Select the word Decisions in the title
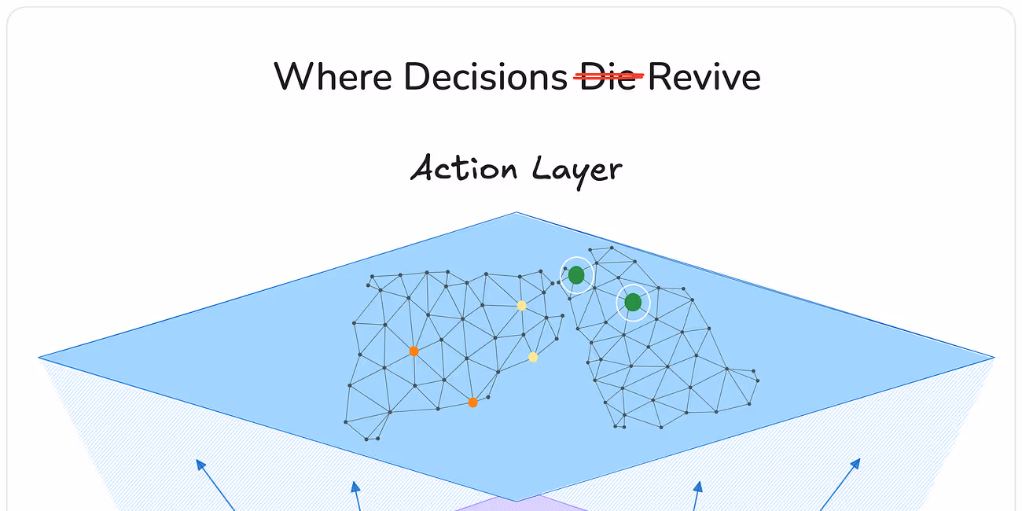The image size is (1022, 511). pyautogui.click(x=485, y=77)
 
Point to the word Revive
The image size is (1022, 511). pyautogui.click(x=704, y=77)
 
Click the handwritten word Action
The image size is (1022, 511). pyautogui.click(x=464, y=169)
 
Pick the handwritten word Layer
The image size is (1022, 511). pyautogui.click(x=577, y=170)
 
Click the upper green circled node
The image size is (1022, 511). pyautogui.click(x=576, y=275)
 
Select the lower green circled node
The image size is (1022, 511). pyautogui.click(x=633, y=303)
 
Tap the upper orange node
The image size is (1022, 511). pyautogui.click(x=414, y=351)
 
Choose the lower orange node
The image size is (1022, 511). pyautogui.click(x=472, y=403)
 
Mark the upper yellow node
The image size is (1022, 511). pyautogui.click(x=521, y=306)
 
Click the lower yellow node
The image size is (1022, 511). pyautogui.click(x=533, y=357)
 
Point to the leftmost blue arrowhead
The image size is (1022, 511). pyautogui.click(x=200, y=464)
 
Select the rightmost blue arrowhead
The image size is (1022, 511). pyautogui.click(x=855, y=463)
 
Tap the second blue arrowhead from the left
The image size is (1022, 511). pyautogui.click(x=355, y=487)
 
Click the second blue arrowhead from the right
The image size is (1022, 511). pyautogui.click(x=699, y=487)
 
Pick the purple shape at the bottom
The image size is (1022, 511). pyautogui.click(x=519, y=505)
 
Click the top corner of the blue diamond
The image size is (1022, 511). pyautogui.click(x=517, y=213)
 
